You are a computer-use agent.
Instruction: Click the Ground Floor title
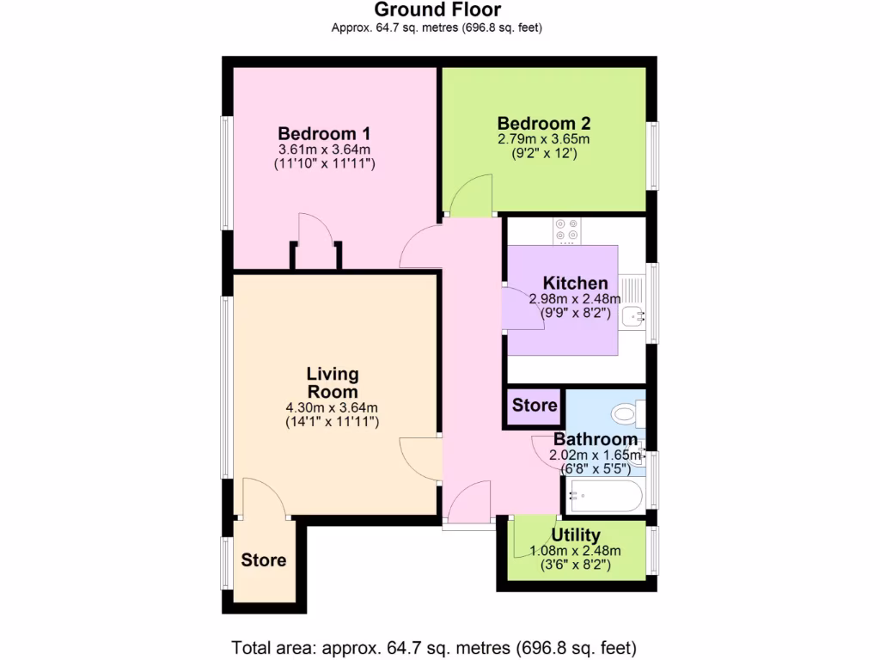pos(437,9)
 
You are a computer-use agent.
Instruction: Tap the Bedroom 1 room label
pos(324,133)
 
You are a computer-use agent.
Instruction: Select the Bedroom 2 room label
pos(543,123)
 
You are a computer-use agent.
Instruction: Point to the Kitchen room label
pos(575,283)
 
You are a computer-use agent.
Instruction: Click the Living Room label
pos(333,382)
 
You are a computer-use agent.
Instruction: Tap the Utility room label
pos(576,535)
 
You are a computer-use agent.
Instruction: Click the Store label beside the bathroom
pos(535,405)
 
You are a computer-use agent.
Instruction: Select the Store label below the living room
pos(263,560)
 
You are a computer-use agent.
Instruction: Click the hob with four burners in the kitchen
pos(566,230)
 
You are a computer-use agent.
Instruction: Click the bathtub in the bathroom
pos(606,495)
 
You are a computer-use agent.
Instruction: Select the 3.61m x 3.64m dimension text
pos(324,149)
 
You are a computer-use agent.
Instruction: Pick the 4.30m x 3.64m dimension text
pos(332,408)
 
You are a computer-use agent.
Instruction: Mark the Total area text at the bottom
pos(434,646)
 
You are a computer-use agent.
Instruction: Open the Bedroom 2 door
pos(468,194)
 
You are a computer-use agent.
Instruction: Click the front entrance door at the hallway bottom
pos(468,503)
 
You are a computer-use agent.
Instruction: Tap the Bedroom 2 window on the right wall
pos(654,155)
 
